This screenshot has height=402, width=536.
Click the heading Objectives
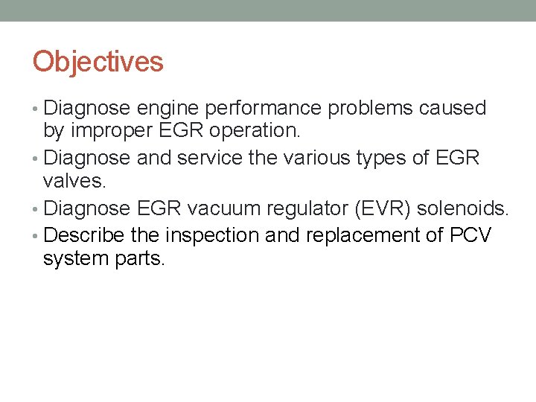[98, 61]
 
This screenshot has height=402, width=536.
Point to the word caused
[453, 109]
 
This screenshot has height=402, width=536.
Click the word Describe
[85, 236]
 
